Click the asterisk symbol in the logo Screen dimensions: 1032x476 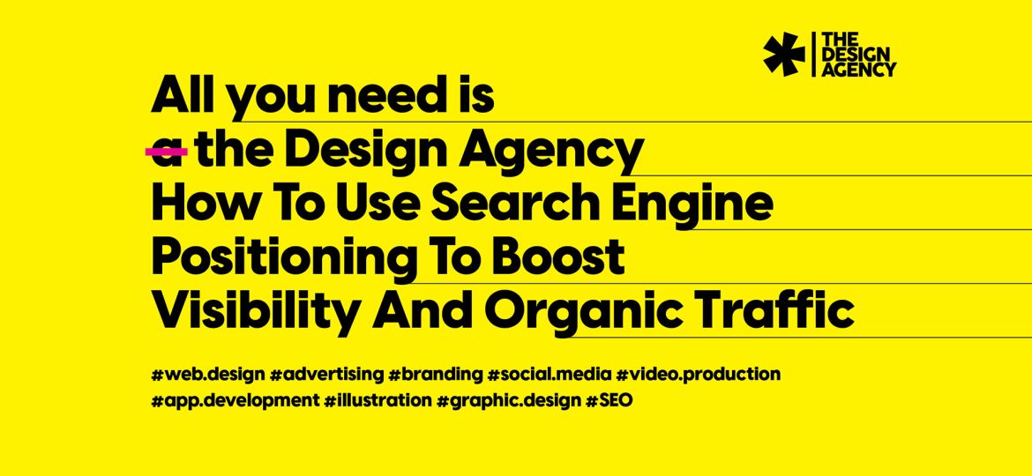784,54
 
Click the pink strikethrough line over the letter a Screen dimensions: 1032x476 167,152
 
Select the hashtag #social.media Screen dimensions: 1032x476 549,375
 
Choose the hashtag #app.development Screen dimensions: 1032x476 235,400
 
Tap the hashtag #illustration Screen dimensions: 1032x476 378,399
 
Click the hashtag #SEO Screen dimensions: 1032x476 609,399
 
